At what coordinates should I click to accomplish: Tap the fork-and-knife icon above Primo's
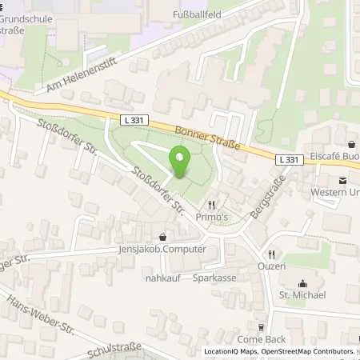(212, 205)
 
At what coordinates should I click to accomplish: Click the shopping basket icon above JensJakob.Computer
(163, 237)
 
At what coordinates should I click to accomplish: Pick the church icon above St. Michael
(302, 283)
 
